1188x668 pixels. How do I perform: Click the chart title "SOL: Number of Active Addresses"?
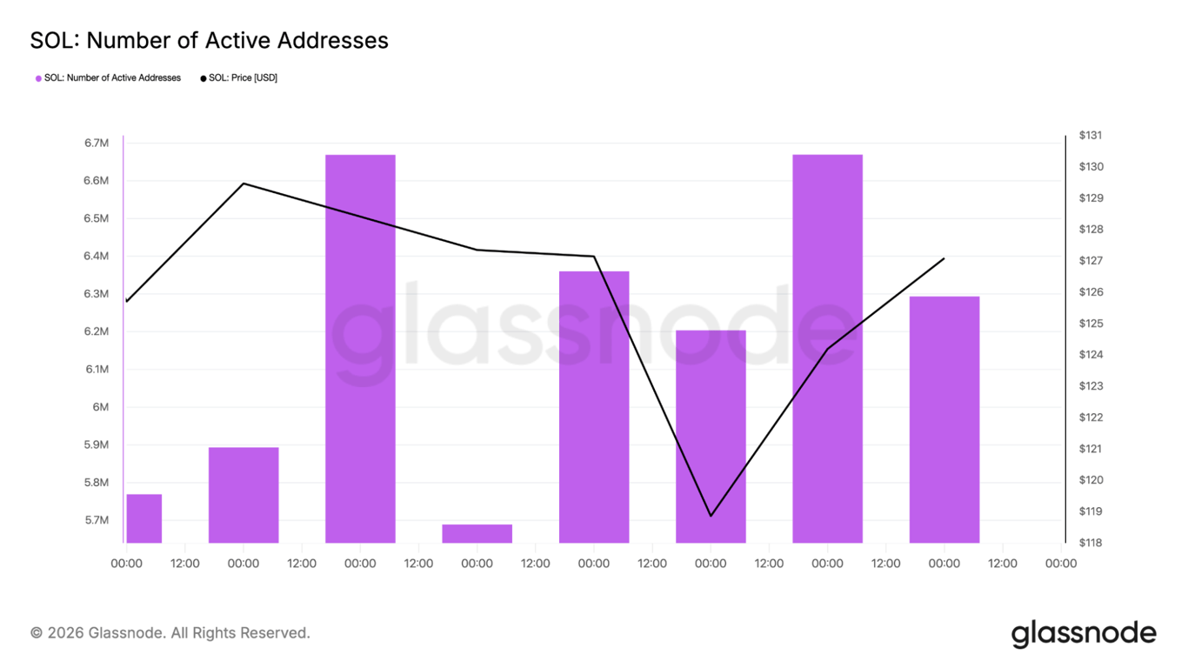click(209, 40)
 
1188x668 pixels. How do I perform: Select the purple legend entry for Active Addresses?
click(109, 78)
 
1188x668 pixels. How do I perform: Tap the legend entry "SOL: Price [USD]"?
click(239, 78)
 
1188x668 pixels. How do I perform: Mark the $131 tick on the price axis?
click(1091, 136)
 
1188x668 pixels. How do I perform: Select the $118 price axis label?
click(1091, 543)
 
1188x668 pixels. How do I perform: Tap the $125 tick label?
click(1091, 324)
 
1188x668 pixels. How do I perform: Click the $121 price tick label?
click(1091, 449)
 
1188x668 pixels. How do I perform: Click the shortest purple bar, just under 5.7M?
click(477, 533)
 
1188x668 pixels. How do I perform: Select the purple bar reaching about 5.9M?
click(244, 494)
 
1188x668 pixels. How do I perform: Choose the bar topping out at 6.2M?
click(711, 435)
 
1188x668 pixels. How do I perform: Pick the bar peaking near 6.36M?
click(594, 407)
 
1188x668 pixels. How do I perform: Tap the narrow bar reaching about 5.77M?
click(144, 518)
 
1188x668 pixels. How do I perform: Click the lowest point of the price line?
click(711, 516)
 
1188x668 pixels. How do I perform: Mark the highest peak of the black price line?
click(244, 184)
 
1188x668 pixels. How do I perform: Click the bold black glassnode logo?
click(1084, 634)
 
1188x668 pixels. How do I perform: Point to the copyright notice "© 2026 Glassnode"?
click(170, 633)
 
